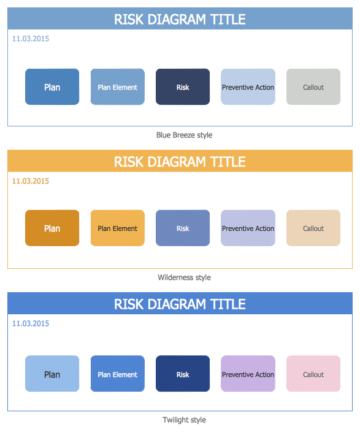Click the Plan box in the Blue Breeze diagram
[52, 87]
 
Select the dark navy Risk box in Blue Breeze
[183, 87]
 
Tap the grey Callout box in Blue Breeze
[313, 87]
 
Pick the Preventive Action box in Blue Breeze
[248, 87]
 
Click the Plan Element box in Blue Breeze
[118, 87]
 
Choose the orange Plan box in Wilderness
[52, 228]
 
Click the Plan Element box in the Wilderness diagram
[118, 228]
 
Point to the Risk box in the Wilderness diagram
[183, 228]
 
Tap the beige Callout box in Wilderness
[313, 228]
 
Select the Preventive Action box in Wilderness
[248, 228]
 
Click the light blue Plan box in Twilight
[52, 373]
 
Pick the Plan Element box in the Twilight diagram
[118, 373]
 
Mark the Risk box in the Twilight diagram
[183, 373]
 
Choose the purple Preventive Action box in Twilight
[248, 373]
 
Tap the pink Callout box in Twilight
[313, 373]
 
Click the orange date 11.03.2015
[31, 181]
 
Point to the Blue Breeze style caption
[184, 135]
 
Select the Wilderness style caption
[184, 277]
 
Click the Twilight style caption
[184, 420]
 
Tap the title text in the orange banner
[180, 161]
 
